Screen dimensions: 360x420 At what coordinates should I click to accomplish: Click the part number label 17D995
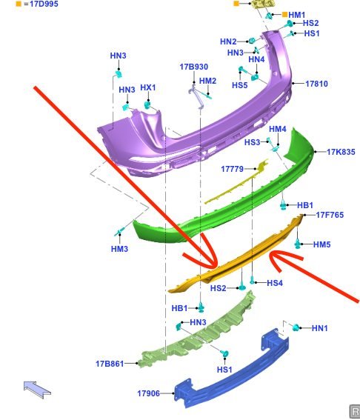(44, 4)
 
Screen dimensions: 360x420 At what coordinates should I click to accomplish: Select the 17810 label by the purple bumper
(316, 84)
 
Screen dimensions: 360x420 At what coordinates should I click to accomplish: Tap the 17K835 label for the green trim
(341, 152)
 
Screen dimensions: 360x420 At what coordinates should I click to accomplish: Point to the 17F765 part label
(330, 215)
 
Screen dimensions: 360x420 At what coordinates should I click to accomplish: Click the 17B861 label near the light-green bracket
(110, 364)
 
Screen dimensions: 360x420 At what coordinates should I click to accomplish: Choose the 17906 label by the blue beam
(148, 393)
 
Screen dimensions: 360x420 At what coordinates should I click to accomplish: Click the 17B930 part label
(193, 67)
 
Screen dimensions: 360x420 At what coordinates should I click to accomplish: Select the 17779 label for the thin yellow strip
(233, 169)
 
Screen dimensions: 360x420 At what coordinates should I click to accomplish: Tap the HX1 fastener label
(148, 87)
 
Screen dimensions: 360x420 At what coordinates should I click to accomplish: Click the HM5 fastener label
(321, 244)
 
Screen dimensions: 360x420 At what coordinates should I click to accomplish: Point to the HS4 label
(275, 283)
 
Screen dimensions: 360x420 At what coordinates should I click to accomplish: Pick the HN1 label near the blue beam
(319, 328)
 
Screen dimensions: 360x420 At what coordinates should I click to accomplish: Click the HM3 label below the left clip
(119, 249)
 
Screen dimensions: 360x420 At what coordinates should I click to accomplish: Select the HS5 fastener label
(240, 85)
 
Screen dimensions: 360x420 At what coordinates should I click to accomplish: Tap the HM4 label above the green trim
(278, 129)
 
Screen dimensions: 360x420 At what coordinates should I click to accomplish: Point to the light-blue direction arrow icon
(37, 390)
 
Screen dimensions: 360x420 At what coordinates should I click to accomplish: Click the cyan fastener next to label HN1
(296, 327)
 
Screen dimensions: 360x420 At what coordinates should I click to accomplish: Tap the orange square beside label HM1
(284, 15)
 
